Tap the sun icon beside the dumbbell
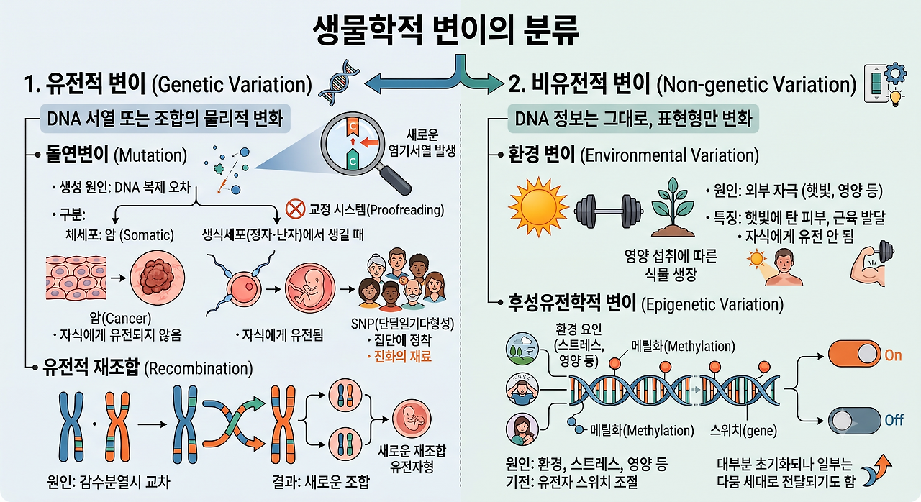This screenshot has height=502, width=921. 538,207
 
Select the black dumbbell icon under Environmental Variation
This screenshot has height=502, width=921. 609,211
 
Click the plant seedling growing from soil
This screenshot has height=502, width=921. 673,207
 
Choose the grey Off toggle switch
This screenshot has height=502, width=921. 853,420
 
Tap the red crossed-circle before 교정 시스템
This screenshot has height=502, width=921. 295,209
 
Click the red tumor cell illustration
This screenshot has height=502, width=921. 158,278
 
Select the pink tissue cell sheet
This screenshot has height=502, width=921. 76,278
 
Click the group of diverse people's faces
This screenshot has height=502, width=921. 401,279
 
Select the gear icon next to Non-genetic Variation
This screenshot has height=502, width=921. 895,74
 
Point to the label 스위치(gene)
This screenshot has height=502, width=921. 743,431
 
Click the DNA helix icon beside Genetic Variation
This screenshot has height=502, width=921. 339,82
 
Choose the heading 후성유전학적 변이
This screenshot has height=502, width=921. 572,304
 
